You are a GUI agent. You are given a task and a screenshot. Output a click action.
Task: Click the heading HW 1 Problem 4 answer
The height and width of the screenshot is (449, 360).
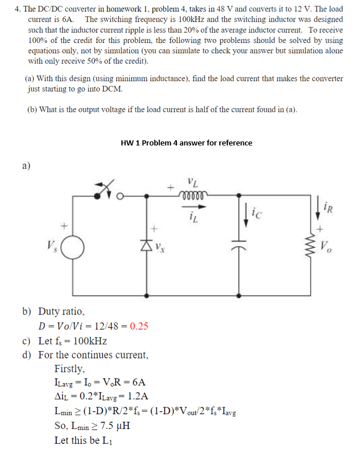(187, 143)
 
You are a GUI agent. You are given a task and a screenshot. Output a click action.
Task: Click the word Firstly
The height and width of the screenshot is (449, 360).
(70, 369)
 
